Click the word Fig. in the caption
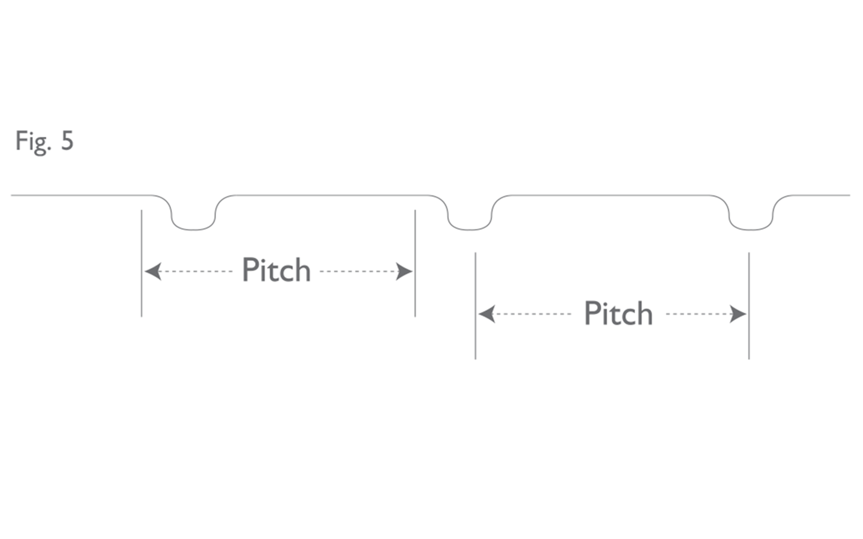click(32, 142)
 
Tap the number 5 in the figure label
click(67, 141)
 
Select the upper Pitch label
click(276, 270)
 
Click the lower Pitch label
click(618, 314)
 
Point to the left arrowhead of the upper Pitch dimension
click(153, 271)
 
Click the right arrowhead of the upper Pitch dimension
click(404, 271)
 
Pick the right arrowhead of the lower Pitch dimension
click(738, 315)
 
